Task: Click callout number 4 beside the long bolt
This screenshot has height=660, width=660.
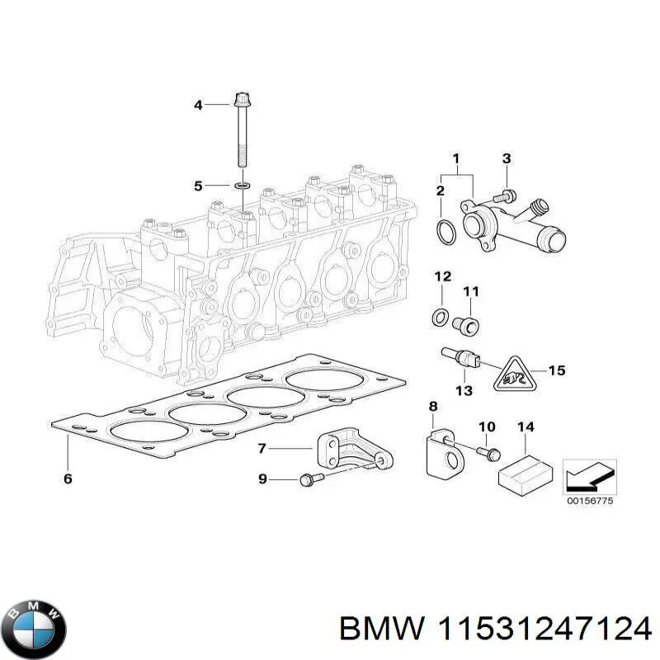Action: tap(198, 105)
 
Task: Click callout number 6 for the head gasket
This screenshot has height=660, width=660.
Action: tap(68, 479)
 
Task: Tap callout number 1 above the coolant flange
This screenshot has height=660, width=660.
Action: tap(455, 158)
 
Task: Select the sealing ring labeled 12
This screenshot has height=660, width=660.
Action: tap(442, 315)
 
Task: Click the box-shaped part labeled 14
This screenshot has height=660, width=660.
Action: tap(525, 473)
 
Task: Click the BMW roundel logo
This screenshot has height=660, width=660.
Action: tap(33, 628)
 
